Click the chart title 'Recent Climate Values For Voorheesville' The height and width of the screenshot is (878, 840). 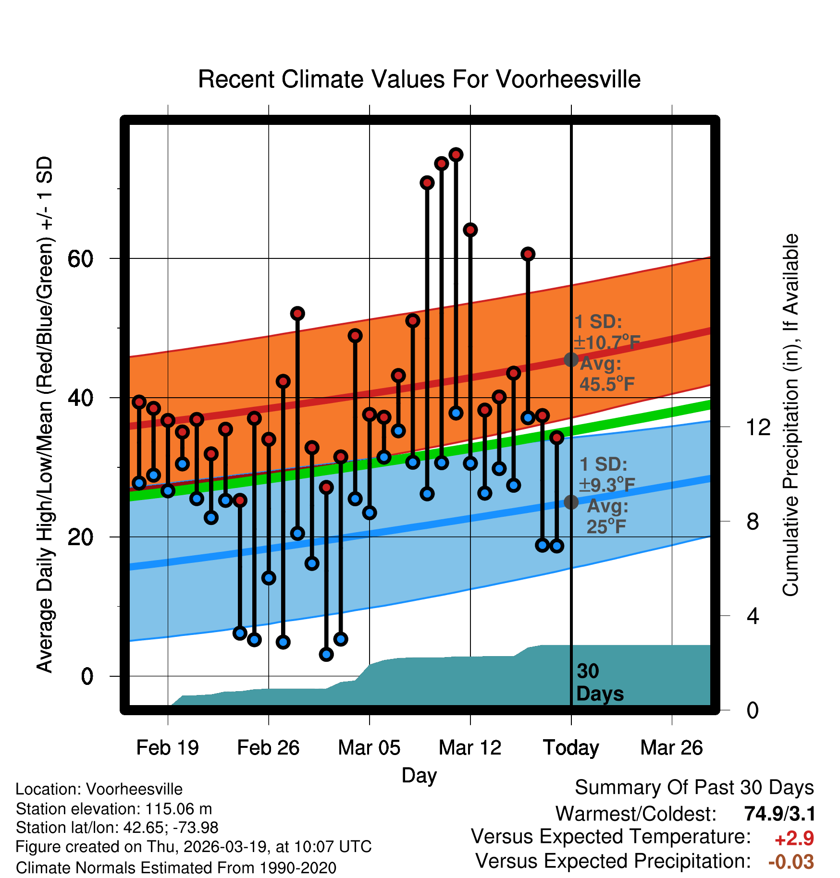pos(419,79)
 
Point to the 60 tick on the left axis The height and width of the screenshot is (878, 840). pos(80,259)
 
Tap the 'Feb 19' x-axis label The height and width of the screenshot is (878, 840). pos(167,748)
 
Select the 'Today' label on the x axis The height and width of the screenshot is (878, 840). pos(571,748)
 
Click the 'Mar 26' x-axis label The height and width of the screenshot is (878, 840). pos(671,748)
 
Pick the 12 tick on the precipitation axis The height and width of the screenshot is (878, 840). pos(758,427)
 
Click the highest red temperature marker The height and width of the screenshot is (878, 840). pos(456,155)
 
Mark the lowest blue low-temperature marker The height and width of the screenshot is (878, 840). pos(326,654)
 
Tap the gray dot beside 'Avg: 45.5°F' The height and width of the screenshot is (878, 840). pos(571,359)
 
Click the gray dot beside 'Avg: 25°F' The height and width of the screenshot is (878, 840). pos(571,502)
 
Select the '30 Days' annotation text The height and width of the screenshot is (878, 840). pos(599,683)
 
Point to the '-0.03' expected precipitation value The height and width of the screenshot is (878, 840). pos(791,862)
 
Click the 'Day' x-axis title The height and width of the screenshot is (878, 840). pos(419,775)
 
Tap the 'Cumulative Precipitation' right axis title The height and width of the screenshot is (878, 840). pos(791,415)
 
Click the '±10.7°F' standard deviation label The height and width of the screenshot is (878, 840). pos(607,342)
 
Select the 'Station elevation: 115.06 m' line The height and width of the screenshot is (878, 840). pos(114,809)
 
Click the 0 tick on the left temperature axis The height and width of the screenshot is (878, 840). pos(86,676)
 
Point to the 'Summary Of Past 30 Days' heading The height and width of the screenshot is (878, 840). pos(694,788)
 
